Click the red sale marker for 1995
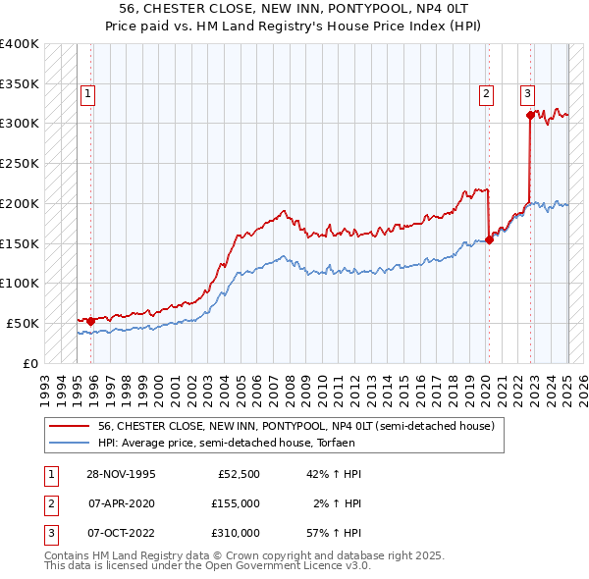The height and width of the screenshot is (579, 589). pyautogui.click(x=91, y=321)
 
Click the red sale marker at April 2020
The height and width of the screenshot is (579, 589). pyautogui.click(x=489, y=239)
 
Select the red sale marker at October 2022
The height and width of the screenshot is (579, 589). pyautogui.click(x=530, y=115)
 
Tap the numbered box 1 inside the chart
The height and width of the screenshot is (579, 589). pyautogui.click(x=88, y=94)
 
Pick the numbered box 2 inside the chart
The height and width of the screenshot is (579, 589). pyautogui.click(x=486, y=94)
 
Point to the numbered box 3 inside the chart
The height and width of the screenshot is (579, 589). pyautogui.click(x=527, y=94)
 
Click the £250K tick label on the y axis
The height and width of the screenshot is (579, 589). pyautogui.click(x=20, y=164)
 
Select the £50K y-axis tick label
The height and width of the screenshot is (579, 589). pyautogui.click(x=24, y=323)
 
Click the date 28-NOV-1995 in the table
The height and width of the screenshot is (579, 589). pyautogui.click(x=122, y=474)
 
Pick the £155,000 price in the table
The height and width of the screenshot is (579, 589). pyautogui.click(x=236, y=503)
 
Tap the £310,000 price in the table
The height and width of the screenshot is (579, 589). pyautogui.click(x=236, y=533)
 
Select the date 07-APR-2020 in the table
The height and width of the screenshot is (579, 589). pyautogui.click(x=122, y=503)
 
